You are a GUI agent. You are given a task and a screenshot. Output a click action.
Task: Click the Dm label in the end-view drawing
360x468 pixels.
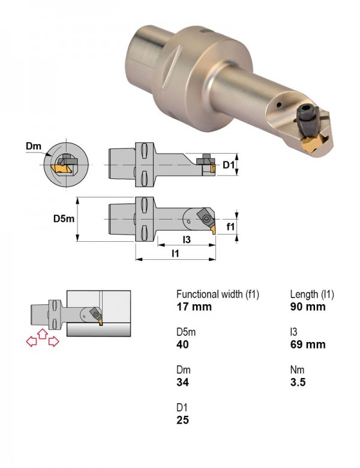(x=34, y=146)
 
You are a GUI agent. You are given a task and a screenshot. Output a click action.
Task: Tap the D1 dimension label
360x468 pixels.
(x=229, y=164)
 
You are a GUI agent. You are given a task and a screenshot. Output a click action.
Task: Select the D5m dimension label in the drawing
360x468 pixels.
(x=64, y=219)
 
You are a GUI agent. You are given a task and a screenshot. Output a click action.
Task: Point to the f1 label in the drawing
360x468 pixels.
(x=230, y=227)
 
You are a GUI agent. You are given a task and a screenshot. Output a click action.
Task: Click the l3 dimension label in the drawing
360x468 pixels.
(x=187, y=239)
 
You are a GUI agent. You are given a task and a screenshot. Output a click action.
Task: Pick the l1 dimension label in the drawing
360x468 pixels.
(x=175, y=253)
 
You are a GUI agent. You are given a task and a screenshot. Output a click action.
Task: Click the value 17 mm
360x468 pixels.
(x=194, y=307)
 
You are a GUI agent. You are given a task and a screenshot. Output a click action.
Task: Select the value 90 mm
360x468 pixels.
(x=308, y=307)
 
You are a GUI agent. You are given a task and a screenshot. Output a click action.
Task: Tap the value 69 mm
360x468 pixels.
(x=308, y=344)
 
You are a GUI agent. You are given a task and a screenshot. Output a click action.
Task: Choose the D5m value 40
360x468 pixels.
(x=182, y=344)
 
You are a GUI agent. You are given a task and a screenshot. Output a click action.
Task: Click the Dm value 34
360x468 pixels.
(x=182, y=382)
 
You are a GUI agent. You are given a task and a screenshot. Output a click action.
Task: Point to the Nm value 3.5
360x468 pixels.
(x=298, y=382)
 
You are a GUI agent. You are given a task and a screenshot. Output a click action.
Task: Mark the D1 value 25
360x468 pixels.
(x=182, y=420)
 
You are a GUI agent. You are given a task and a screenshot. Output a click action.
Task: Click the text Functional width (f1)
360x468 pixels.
(x=218, y=295)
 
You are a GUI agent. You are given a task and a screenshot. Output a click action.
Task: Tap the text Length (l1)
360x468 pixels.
(x=312, y=295)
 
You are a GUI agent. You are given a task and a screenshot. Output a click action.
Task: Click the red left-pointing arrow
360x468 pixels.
(x=31, y=341)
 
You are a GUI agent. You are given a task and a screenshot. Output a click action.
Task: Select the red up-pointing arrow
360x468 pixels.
(x=43, y=334)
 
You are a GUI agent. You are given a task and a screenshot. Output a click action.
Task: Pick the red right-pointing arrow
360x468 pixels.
(x=54, y=341)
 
